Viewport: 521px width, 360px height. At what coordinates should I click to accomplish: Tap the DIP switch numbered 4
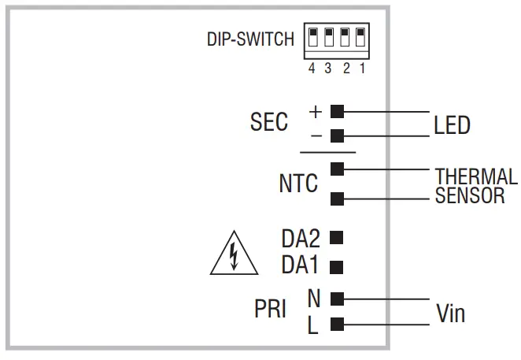312,38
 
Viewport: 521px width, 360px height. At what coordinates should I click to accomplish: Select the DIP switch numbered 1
360,38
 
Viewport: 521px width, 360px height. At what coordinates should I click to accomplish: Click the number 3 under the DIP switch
328,69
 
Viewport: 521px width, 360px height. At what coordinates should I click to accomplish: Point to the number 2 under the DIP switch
345,69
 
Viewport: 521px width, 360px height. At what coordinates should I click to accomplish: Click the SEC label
269,123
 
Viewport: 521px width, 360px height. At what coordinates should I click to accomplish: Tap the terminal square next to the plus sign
337,111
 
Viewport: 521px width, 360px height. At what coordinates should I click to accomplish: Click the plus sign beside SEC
316,111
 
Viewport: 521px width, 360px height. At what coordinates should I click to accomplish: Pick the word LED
452,125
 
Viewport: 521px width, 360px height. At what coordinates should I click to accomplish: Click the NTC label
298,184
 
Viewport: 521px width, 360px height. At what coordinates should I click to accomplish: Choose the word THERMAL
476,176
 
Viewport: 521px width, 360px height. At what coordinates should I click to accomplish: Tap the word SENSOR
470,196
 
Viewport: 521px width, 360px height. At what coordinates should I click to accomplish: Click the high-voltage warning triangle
234,255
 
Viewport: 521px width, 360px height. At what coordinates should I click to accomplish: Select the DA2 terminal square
337,236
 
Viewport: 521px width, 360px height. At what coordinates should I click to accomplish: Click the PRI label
270,310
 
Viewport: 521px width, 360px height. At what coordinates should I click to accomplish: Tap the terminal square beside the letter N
337,298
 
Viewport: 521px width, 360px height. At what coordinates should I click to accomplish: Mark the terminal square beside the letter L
337,323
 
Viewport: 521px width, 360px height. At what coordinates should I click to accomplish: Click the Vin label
450,313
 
